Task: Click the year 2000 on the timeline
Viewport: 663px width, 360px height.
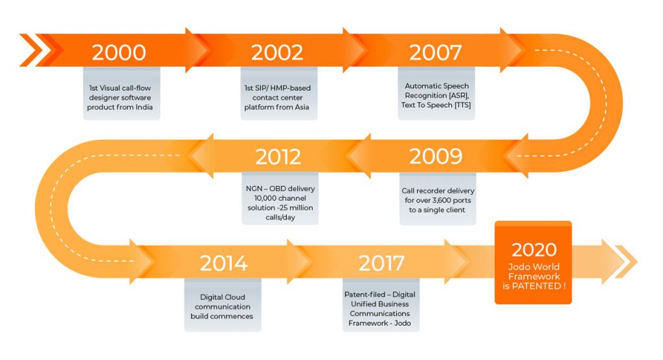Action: click(x=119, y=52)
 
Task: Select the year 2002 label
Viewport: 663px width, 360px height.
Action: click(x=277, y=52)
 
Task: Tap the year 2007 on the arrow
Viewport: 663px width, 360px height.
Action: click(x=435, y=52)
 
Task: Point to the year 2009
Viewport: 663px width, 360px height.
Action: click(x=436, y=156)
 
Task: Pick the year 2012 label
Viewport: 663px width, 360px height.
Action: click(x=278, y=157)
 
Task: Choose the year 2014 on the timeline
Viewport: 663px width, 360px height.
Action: click(x=223, y=263)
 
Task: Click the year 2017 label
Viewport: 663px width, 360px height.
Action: click(x=381, y=263)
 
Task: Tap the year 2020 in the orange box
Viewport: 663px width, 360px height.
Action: click(x=534, y=249)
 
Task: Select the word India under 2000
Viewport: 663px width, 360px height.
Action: click(x=144, y=107)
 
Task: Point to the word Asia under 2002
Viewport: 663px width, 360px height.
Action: click(x=302, y=107)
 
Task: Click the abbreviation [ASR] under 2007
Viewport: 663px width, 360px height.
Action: click(x=459, y=96)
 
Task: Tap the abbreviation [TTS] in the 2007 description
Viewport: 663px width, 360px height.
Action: click(x=462, y=105)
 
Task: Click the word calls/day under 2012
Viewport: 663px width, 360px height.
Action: click(x=280, y=218)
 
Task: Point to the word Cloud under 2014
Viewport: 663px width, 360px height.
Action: click(x=234, y=297)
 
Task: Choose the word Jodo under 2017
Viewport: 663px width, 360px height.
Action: click(x=402, y=323)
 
